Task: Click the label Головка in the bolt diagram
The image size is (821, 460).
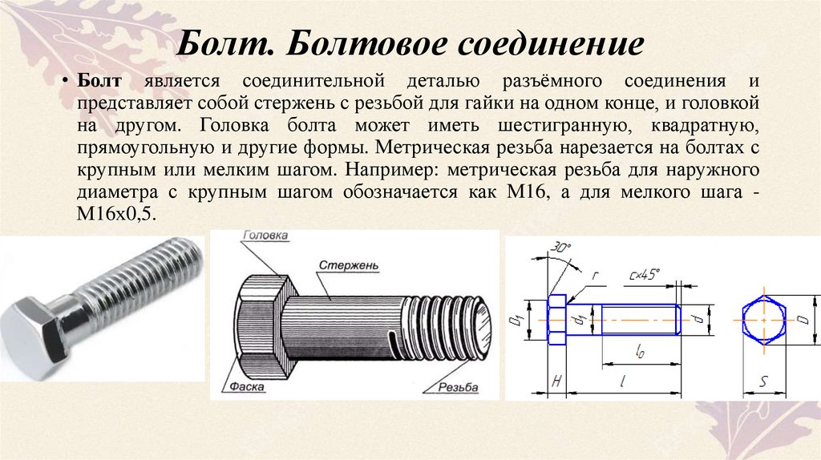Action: pos(265,236)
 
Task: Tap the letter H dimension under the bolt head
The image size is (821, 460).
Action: pos(556,383)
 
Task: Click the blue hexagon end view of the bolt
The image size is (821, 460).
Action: pos(762,319)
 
